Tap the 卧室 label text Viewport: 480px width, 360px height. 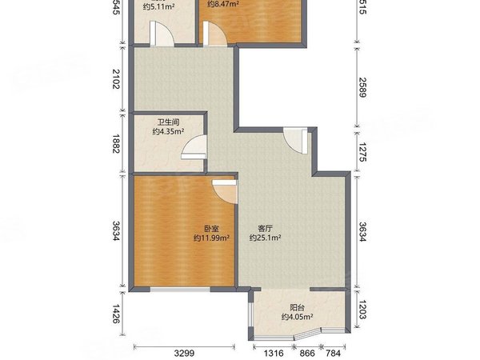point(211,227)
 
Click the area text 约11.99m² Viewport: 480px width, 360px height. point(211,238)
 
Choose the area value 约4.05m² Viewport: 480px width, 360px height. point(296,317)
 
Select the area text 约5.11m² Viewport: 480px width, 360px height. point(159,7)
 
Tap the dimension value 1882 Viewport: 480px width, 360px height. point(116,145)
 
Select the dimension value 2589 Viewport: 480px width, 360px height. point(361,83)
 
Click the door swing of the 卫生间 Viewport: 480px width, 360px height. point(194,148)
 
